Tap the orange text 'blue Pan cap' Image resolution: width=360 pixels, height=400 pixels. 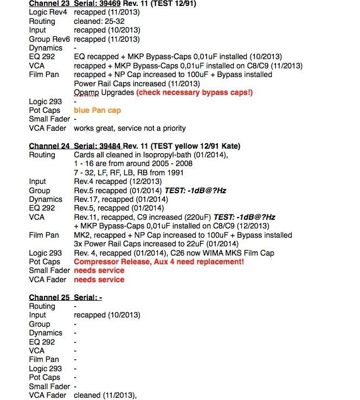[98, 110]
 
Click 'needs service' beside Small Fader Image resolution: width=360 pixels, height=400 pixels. [99, 270]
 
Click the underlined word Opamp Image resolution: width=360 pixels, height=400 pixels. [87, 92]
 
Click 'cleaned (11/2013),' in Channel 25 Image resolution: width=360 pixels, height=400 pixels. [105, 395]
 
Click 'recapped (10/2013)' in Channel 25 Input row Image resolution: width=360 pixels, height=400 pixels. [107, 315]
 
